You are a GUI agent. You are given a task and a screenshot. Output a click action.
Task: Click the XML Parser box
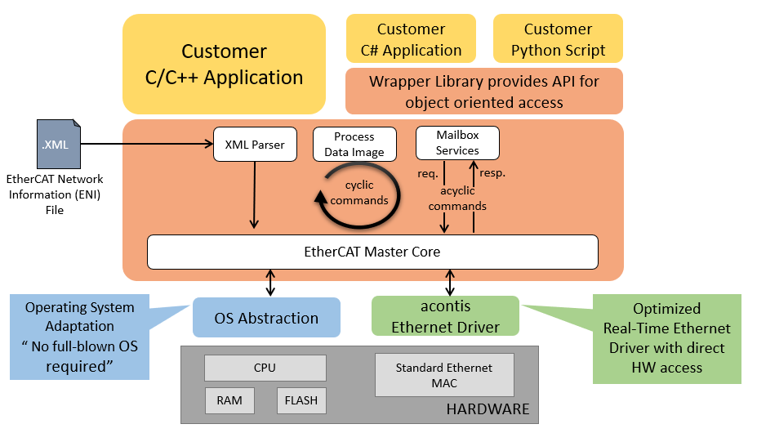tap(255, 145)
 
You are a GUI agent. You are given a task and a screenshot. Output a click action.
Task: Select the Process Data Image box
tap(354, 144)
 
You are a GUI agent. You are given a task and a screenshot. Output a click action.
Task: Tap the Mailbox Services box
tap(457, 142)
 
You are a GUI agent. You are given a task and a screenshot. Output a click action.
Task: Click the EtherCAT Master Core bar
tap(372, 252)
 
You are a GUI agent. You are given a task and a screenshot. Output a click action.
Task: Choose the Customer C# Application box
tap(411, 40)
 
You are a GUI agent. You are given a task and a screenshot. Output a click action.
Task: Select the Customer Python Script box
tap(558, 40)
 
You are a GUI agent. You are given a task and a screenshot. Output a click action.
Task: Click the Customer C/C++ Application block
tap(224, 65)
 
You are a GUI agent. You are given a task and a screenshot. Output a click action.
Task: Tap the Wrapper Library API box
tap(483, 91)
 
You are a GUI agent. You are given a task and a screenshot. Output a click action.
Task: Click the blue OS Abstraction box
tap(266, 318)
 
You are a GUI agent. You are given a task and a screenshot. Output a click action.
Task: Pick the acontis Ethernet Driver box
tap(445, 316)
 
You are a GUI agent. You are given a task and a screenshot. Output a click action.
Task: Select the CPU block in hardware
tap(265, 368)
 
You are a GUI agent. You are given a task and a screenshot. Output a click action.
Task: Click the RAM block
tap(229, 401)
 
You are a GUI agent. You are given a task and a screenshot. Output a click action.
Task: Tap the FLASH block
tap(301, 401)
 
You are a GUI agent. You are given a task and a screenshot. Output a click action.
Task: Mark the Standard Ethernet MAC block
tap(443, 375)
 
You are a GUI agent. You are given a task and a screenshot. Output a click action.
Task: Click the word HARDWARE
tap(488, 409)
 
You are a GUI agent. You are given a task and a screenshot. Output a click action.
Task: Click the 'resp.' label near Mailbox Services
tap(492, 173)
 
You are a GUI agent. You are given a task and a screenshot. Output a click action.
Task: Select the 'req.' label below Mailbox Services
tap(428, 173)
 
